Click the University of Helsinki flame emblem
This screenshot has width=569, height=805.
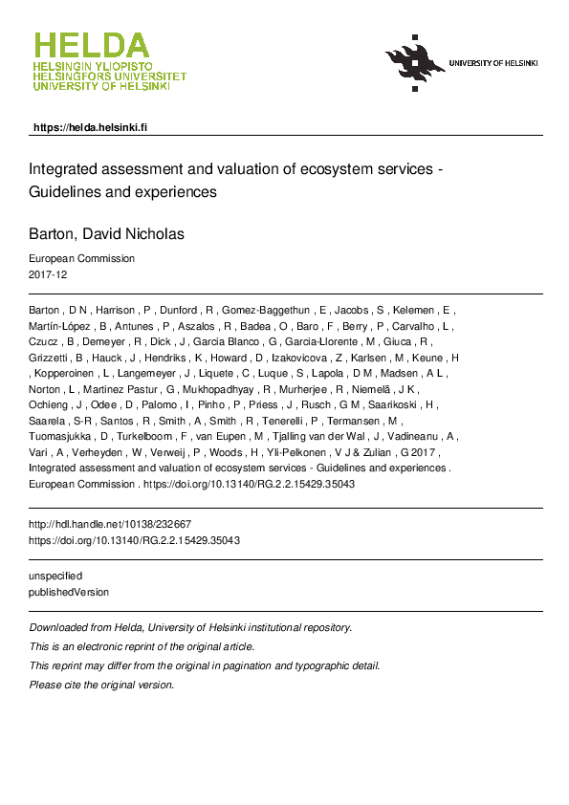(414, 62)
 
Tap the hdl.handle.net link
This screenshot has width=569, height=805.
(110, 524)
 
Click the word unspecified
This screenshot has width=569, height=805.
(55, 576)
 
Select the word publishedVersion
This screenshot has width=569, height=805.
(69, 592)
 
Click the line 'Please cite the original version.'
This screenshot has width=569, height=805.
(101, 685)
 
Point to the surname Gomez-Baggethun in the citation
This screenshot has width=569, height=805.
(279, 311)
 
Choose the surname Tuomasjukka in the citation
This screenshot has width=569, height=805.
(60, 437)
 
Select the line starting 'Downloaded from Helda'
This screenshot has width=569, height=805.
(190, 627)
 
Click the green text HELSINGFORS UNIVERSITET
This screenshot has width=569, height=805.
(110, 76)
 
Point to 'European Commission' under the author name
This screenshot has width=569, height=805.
(82, 258)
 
